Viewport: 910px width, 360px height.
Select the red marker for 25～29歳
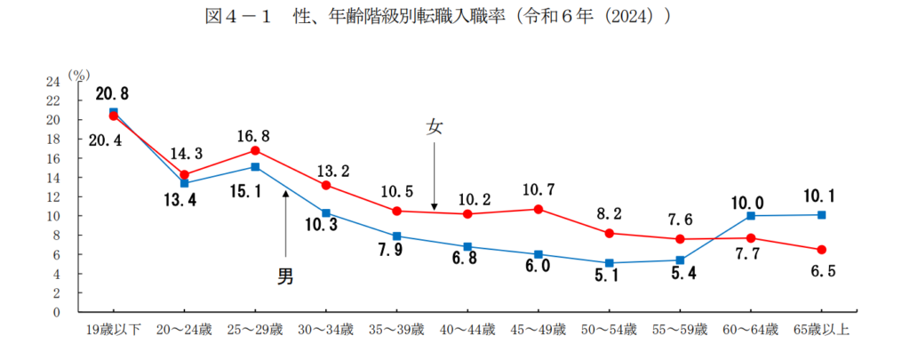click(255, 150)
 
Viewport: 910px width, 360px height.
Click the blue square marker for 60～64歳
click(751, 215)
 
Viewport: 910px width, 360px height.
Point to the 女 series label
click(434, 127)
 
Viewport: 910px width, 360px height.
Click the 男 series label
click(285, 276)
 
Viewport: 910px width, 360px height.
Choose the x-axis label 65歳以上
click(821, 332)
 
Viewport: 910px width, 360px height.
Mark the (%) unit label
click(79, 75)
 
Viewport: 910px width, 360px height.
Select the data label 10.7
click(539, 189)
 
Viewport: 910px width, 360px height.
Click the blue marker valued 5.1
click(609, 263)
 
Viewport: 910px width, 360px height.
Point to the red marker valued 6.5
click(821, 249)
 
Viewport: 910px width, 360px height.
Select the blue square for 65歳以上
click(821, 214)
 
